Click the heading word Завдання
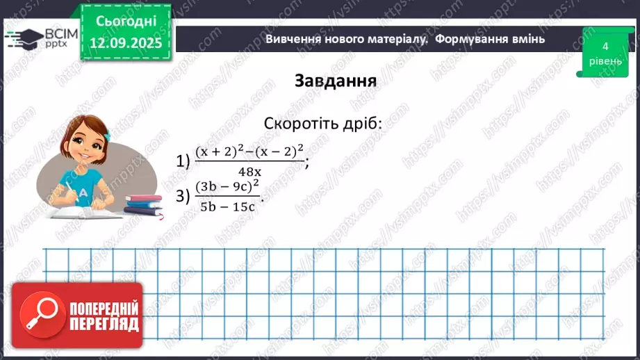[x=336, y=81]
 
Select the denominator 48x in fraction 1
[x=249, y=172]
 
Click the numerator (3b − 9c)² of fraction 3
[x=227, y=186]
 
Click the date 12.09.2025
[x=122, y=43]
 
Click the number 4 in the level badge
[x=605, y=47]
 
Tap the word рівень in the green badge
[x=605, y=61]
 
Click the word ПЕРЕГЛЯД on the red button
[x=104, y=324]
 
